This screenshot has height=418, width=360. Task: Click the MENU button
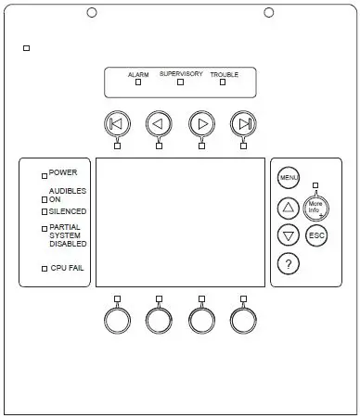(x=288, y=176)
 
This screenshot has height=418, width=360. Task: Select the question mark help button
(x=288, y=263)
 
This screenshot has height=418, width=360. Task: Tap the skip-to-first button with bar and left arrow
(x=117, y=123)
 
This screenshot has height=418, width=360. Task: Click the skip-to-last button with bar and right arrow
(x=243, y=123)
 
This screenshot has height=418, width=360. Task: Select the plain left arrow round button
(x=159, y=123)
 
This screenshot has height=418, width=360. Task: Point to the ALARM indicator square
(x=138, y=82)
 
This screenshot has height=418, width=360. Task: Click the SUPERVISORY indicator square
(x=180, y=82)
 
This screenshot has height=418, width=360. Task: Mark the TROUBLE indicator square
(x=223, y=82)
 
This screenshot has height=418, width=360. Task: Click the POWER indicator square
(x=44, y=173)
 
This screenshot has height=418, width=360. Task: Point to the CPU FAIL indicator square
(x=44, y=269)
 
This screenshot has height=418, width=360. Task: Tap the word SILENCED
(x=68, y=211)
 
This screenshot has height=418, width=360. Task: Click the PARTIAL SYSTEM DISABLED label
(x=68, y=235)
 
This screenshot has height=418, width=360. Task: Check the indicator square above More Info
(x=315, y=185)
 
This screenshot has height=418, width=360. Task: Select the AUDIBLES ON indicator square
(x=44, y=198)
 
